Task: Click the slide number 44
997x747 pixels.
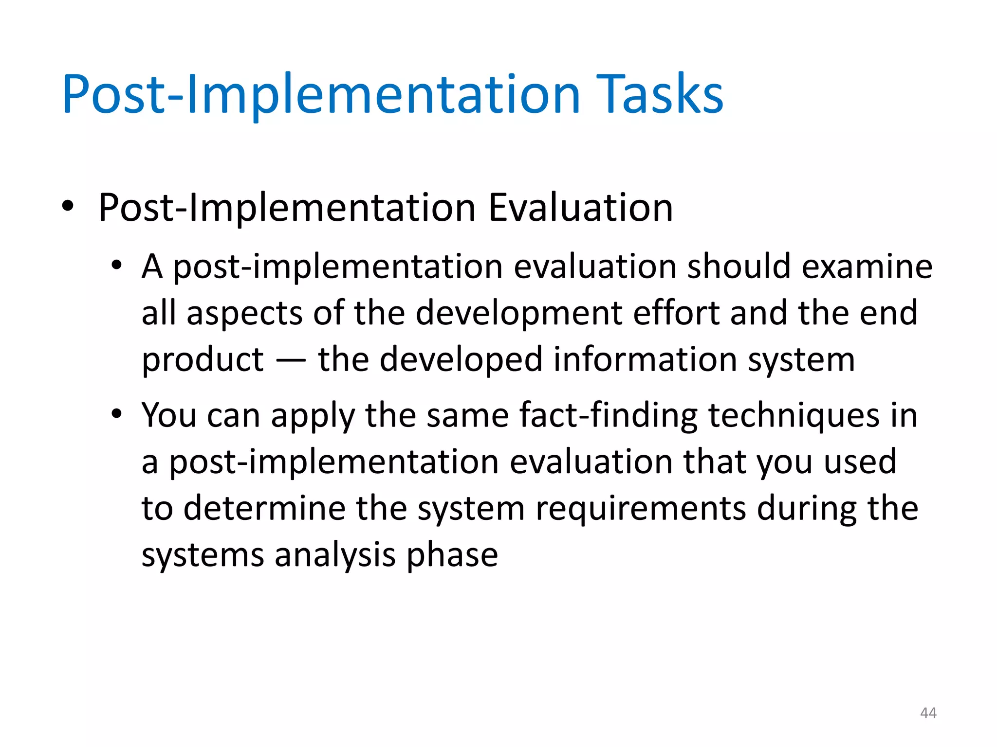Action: click(x=928, y=713)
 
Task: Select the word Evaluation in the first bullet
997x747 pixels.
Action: click(x=580, y=208)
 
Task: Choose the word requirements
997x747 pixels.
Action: click(x=641, y=510)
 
